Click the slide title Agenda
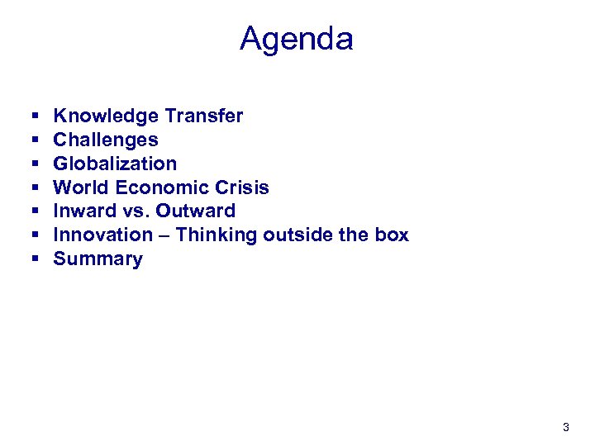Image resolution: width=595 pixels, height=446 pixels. [x=297, y=39]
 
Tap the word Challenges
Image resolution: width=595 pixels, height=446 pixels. [x=106, y=140]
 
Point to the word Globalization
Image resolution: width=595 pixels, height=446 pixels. [x=115, y=164]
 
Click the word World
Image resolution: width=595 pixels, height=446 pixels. [x=79, y=187]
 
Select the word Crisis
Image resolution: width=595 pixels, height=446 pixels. [x=243, y=187]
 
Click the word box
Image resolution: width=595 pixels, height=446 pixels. [x=391, y=235]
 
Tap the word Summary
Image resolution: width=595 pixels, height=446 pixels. [x=98, y=259]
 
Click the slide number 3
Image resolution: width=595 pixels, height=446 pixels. [x=565, y=427]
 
